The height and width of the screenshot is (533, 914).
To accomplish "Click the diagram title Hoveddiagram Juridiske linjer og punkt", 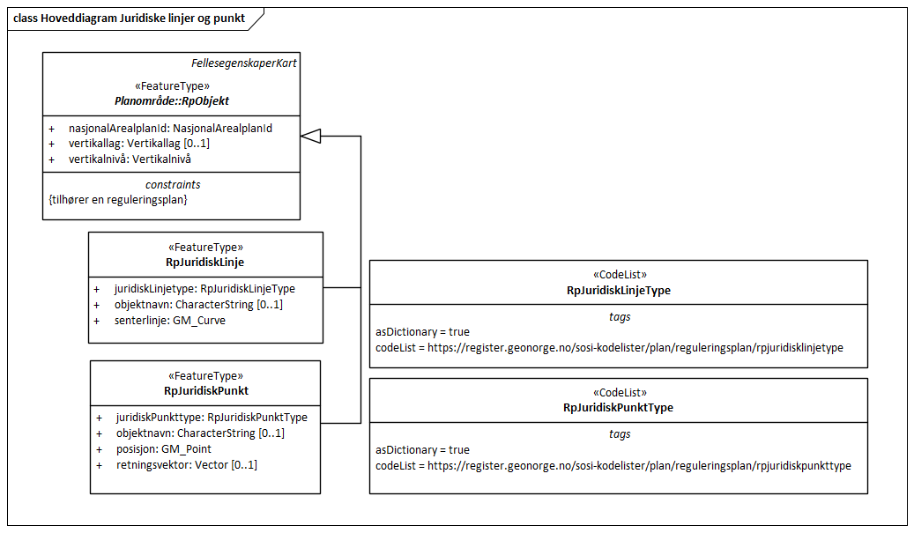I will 130,18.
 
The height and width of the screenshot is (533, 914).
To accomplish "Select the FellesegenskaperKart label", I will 243,64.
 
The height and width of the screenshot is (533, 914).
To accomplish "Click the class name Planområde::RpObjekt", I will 171,101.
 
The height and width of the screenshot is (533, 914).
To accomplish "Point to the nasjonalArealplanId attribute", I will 170,128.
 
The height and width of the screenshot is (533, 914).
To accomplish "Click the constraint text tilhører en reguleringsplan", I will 118,200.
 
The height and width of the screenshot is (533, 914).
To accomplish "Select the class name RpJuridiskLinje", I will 204,262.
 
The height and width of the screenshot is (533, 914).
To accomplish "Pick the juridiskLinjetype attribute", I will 204,288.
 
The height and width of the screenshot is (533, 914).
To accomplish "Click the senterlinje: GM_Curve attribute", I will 169,321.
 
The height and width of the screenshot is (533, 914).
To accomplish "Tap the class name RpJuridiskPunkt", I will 205,390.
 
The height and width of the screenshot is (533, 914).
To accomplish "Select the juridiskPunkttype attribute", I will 212,417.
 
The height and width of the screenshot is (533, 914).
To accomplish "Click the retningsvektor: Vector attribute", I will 186,464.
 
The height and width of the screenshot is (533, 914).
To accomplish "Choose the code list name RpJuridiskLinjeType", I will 618,290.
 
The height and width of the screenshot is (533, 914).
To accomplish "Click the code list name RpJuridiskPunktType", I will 618,408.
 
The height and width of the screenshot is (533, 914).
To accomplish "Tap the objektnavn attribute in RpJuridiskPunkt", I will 200,433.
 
